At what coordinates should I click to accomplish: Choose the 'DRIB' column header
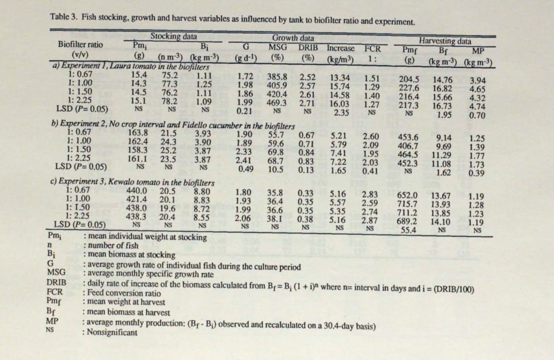[309, 47]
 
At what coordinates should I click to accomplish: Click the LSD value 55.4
[409, 230]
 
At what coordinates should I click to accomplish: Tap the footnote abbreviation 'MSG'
[56, 273]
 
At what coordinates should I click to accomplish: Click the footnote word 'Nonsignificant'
[111, 332]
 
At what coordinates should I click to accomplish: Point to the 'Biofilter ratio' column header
[80, 44]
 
